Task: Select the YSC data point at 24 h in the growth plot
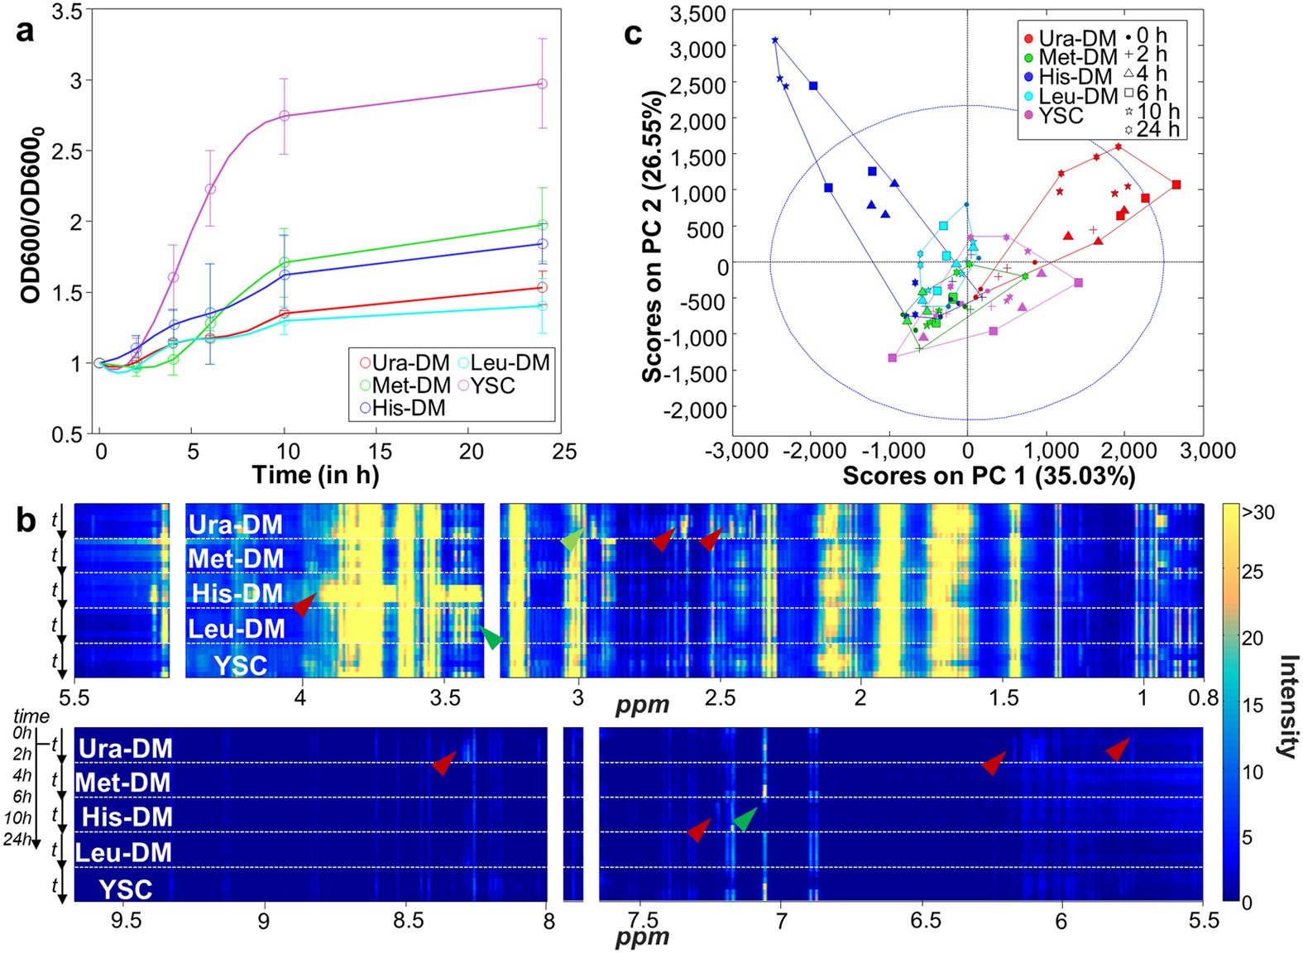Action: tap(542, 84)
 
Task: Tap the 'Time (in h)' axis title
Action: tap(316, 476)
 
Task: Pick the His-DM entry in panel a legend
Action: tap(403, 408)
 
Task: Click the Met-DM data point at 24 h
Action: tap(542, 225)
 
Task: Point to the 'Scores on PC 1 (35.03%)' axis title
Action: tap(989, 476)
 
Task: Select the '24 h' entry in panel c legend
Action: tap(1152, 129)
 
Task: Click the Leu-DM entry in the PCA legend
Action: tap(1071, 96)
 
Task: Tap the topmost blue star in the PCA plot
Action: tap(775, 41)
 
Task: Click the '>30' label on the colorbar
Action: tap(1257, 513)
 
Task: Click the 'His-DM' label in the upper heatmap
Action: tap(237, 594)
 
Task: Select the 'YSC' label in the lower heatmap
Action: tap(126, 890)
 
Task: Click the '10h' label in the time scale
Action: tap(17, 818)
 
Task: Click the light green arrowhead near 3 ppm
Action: tap(572, 540)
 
